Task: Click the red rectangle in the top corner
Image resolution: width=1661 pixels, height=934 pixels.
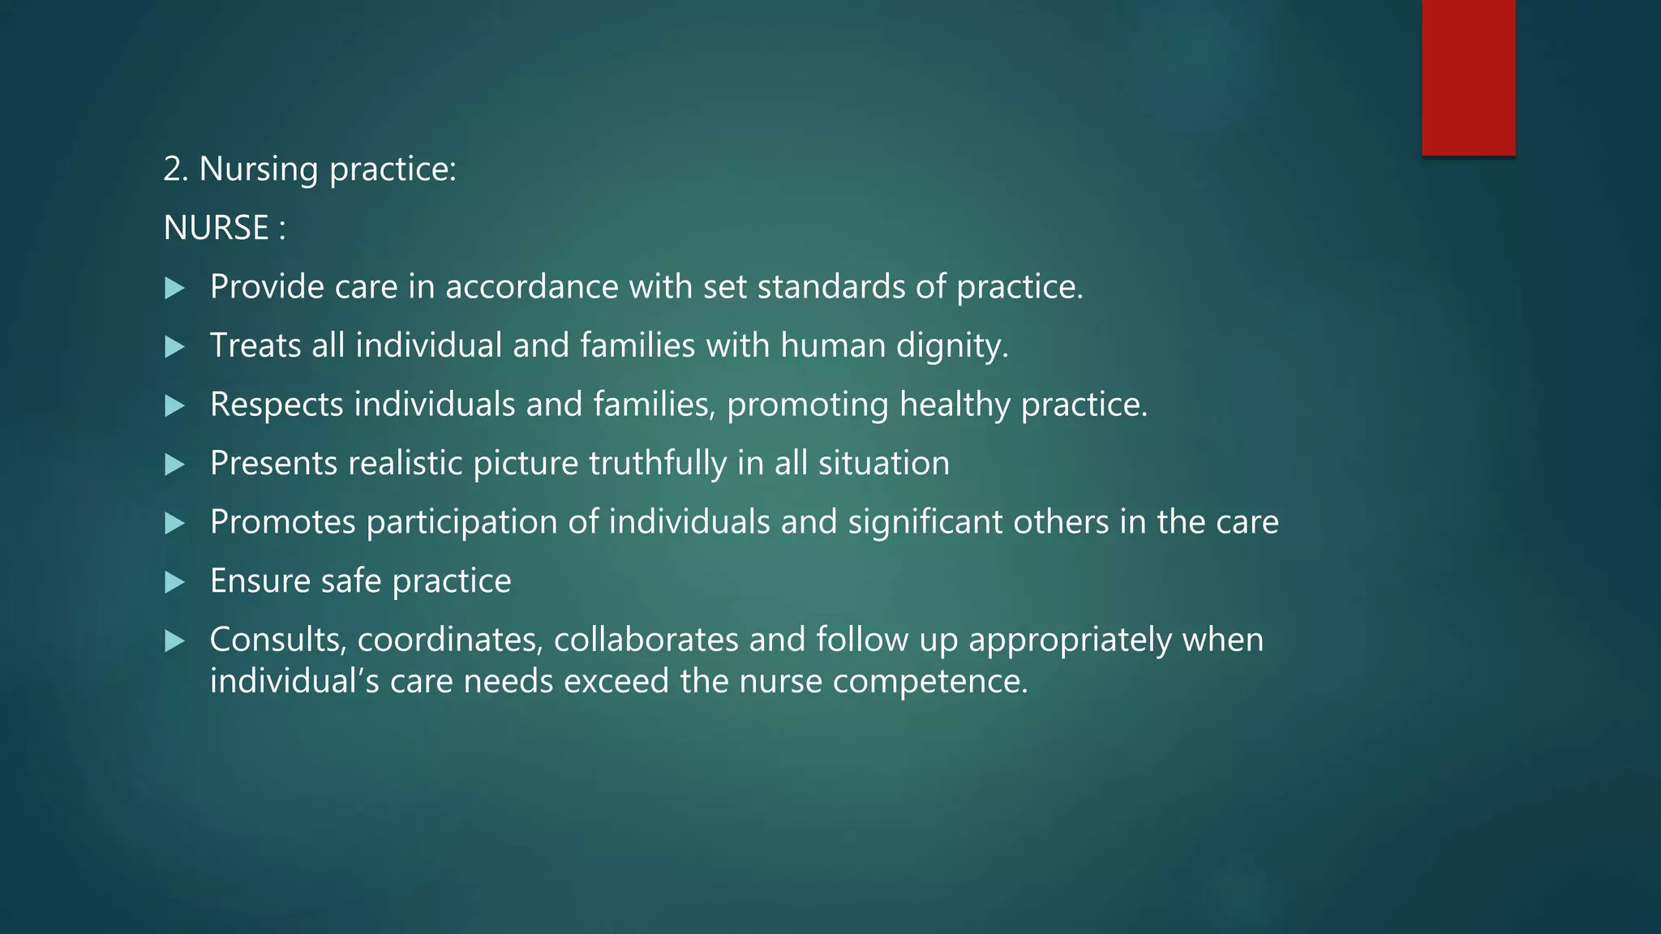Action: coord(1468,78)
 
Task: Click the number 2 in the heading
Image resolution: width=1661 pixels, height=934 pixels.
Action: coord(172,169)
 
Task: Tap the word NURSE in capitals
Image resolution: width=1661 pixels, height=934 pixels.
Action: coord(216,228)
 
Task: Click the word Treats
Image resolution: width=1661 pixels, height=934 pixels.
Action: coord(255,346)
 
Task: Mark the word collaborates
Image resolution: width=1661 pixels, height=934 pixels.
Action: coord(646,641)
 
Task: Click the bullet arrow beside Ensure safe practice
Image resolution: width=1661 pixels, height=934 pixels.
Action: coord(174,582)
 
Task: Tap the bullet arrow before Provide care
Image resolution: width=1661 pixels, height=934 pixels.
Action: coord(174,288)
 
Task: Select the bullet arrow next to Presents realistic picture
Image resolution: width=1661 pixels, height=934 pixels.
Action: coord(174,465)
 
